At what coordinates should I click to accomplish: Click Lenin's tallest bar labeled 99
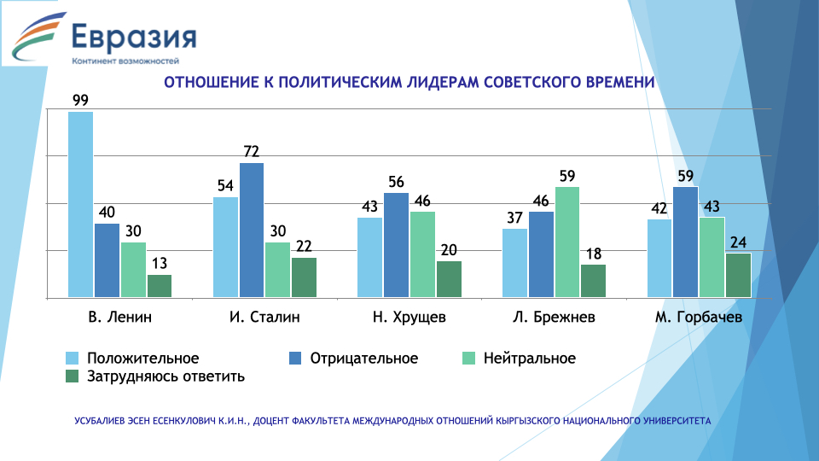click(x=80, y=205)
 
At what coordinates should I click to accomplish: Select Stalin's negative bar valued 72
click(x=252, y=230)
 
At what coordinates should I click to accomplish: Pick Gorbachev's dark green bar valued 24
click(x=738, y=275)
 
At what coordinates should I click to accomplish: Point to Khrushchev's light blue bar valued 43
click(x=369, y=257)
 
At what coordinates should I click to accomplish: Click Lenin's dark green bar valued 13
click(x=160, y=286)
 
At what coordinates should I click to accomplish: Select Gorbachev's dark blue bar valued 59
click(x=685, y=242)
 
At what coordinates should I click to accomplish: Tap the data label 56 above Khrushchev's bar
click(x=395, y=182)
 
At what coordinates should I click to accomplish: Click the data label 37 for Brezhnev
click(x=514, y=218)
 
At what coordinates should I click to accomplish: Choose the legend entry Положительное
click(x=143, y=358)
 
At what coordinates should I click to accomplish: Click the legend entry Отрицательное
click(x=364, y=358)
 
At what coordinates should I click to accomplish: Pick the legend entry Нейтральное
click(x=528, y=358)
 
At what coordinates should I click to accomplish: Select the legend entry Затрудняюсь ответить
click(x=166, y=376)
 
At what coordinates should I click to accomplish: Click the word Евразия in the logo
click(x=133, y=38)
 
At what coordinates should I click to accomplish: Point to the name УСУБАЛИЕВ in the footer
click(x=103, y=421)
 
